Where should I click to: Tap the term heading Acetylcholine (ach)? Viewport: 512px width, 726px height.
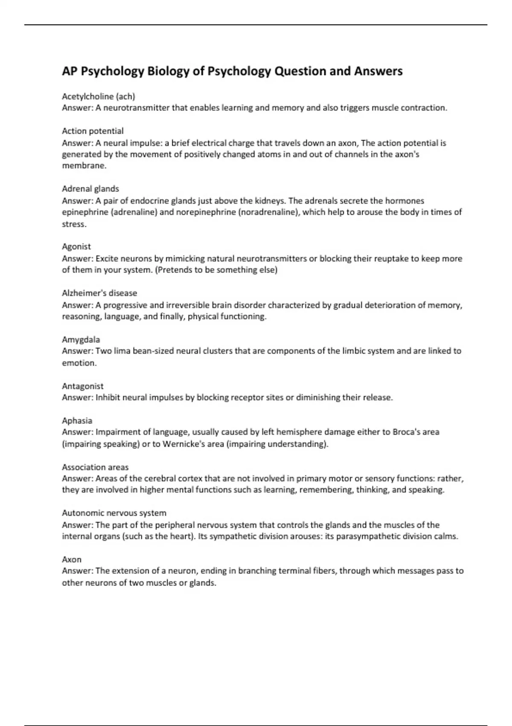98,97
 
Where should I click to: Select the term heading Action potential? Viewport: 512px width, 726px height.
93,131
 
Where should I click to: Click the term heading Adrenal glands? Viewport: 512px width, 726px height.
90,189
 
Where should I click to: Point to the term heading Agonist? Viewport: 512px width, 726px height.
76,246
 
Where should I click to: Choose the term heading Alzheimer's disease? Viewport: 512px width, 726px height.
99,293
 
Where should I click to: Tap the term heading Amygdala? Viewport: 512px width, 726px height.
81,340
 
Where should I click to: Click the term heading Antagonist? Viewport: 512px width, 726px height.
83,386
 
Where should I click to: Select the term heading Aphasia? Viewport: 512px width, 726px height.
77,421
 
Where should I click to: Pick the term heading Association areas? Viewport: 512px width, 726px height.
95,467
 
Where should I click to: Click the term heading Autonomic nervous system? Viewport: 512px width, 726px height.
114,513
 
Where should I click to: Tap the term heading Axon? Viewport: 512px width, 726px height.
72,559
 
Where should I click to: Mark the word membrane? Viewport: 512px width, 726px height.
84,166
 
